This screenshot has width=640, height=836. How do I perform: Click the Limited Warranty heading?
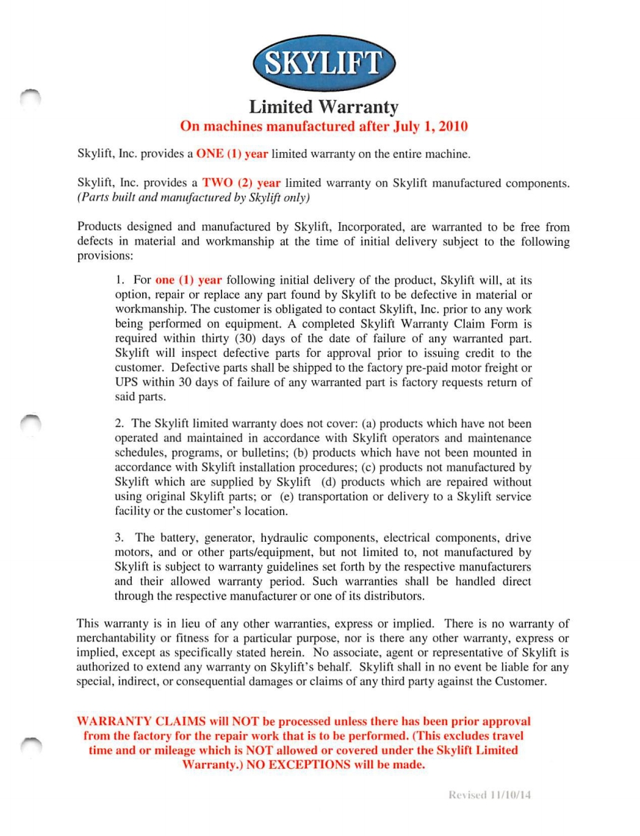coord(323,107)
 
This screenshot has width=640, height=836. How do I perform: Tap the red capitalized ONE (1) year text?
coord(232,154)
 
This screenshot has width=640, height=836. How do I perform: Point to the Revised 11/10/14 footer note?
coord(490,795)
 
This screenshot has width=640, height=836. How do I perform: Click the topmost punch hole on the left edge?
coord(30,96)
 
